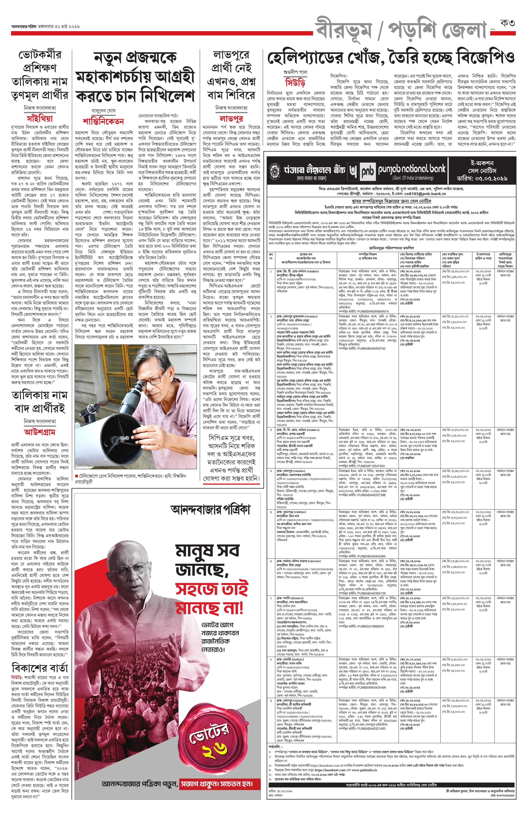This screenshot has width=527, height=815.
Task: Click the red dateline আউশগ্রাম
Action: tap(39, 432)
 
